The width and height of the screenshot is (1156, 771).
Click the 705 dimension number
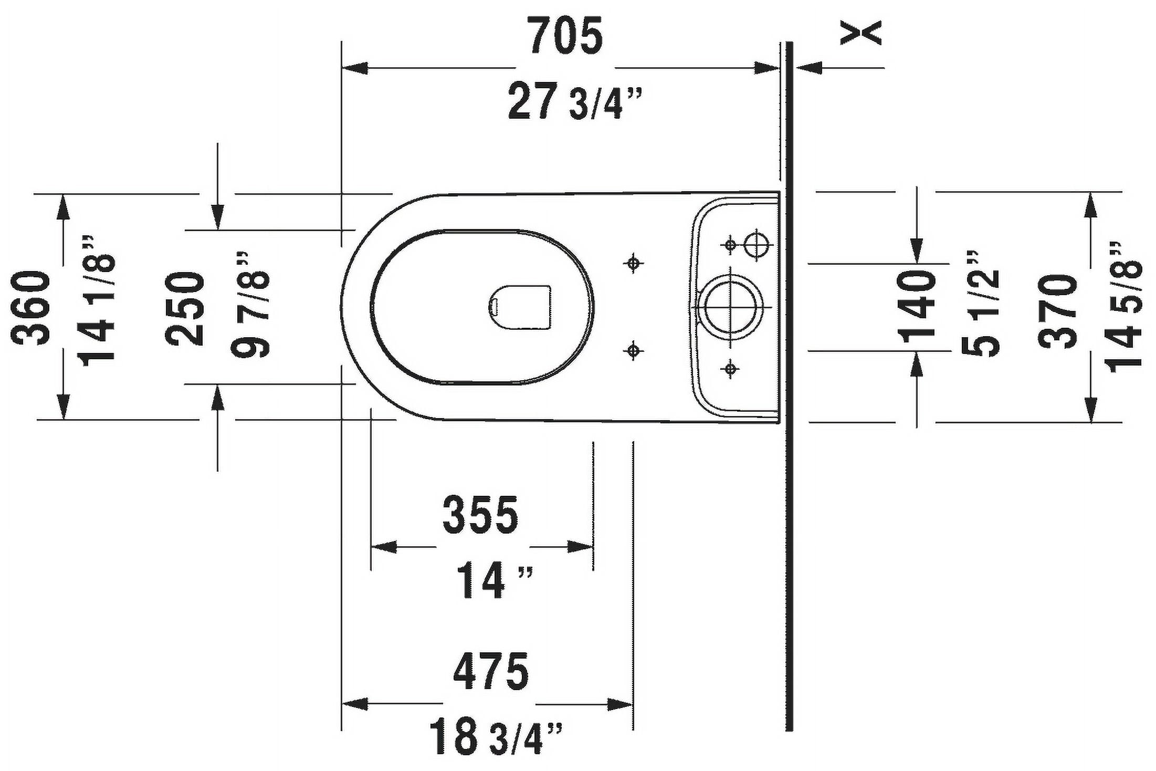(x=566, y=36)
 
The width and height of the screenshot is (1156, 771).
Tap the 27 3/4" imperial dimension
(x=575, y=103)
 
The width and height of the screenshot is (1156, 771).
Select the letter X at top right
(x=860, y=33)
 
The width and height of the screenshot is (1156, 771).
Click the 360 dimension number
(x=31, y=307)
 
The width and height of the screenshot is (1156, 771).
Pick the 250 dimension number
(x=185, y=309)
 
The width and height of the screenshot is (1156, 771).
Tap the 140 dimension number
(x=917, y=307)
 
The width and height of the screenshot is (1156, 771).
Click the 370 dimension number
(x=1057, y=311)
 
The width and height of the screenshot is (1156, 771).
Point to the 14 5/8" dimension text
(x=1123, y=307)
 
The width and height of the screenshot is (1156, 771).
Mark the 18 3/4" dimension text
(x=496, y=738)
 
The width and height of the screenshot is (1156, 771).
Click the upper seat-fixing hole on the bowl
(x=634, y=263)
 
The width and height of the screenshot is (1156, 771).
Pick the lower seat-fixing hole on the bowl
(x=634, y=350)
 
